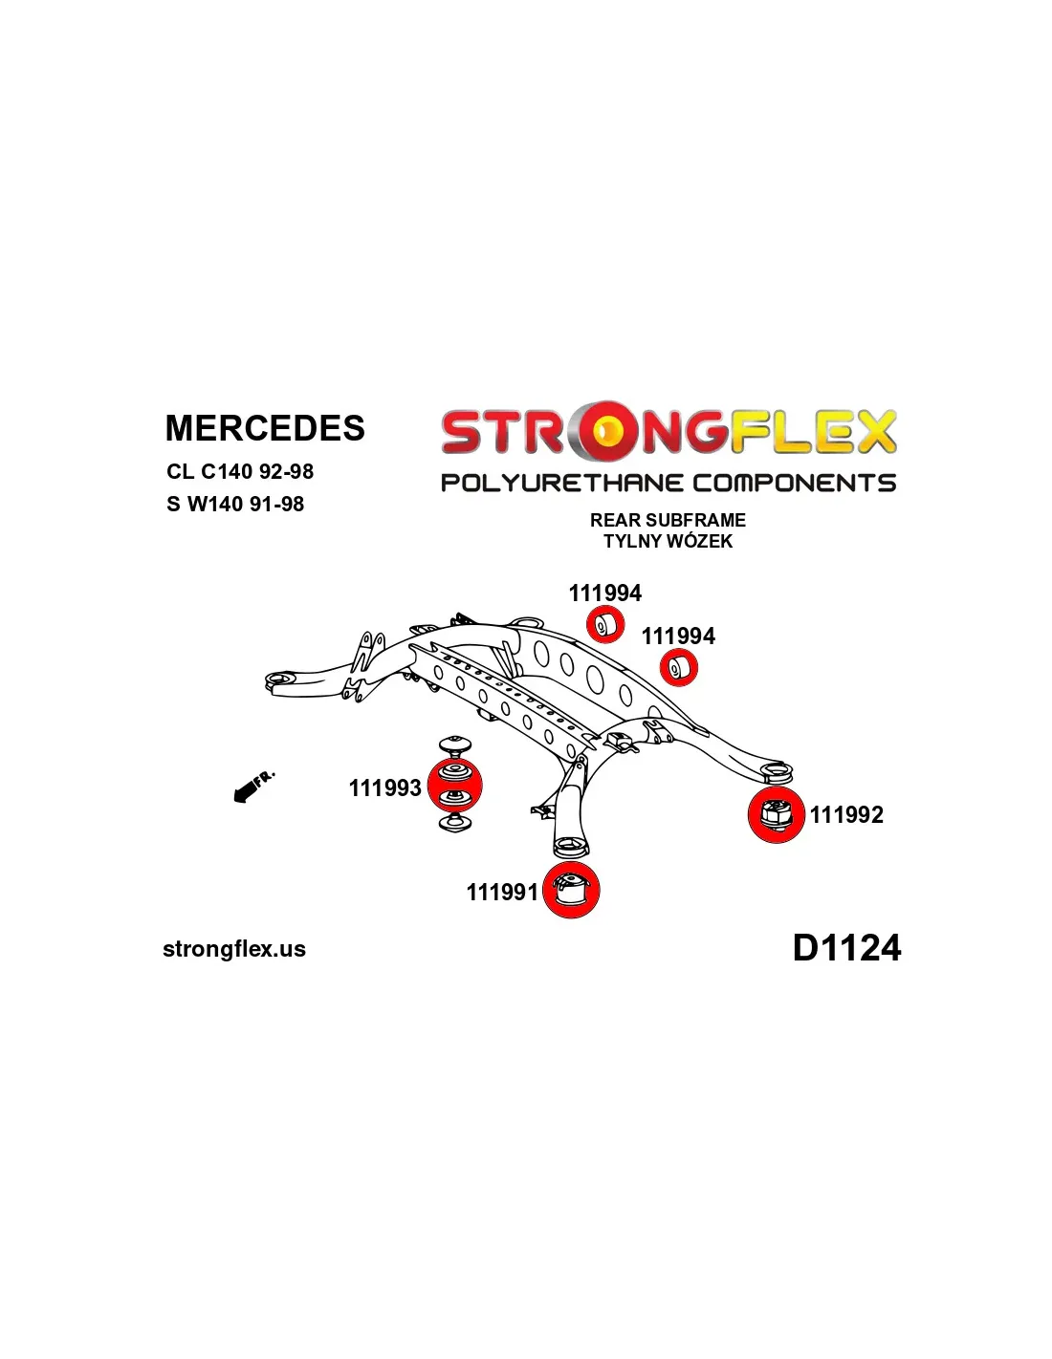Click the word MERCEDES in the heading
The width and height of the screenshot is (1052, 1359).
coord(265,428)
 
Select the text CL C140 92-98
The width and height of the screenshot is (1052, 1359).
coord(240,471)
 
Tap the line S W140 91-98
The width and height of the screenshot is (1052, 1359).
coord(235,504)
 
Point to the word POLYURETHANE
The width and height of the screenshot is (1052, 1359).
coord(561,483)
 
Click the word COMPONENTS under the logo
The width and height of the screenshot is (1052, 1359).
coord(794,483)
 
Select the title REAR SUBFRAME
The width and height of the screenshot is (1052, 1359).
coord(668,520)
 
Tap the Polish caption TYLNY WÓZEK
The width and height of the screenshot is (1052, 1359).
coord(668,541)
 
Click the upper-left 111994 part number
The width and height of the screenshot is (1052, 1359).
coord(605,593)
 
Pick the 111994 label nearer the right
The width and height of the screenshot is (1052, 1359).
coord(678,636)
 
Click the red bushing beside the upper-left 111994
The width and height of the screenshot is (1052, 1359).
coord(604,625)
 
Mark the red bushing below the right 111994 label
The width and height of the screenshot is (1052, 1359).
coord(678,667)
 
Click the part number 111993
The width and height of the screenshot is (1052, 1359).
coord(385,787)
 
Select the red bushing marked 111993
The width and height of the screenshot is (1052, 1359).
coord(454,786)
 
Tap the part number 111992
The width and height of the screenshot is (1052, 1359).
coord(846,814)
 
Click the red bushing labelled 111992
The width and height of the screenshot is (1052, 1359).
coord(776,815)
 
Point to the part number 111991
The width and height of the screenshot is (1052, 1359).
coord(503,892)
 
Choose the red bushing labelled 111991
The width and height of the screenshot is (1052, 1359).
coord(571,890)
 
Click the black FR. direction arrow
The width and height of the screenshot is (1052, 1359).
coord(251,787)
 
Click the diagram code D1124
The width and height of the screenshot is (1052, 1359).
coord(846,948)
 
